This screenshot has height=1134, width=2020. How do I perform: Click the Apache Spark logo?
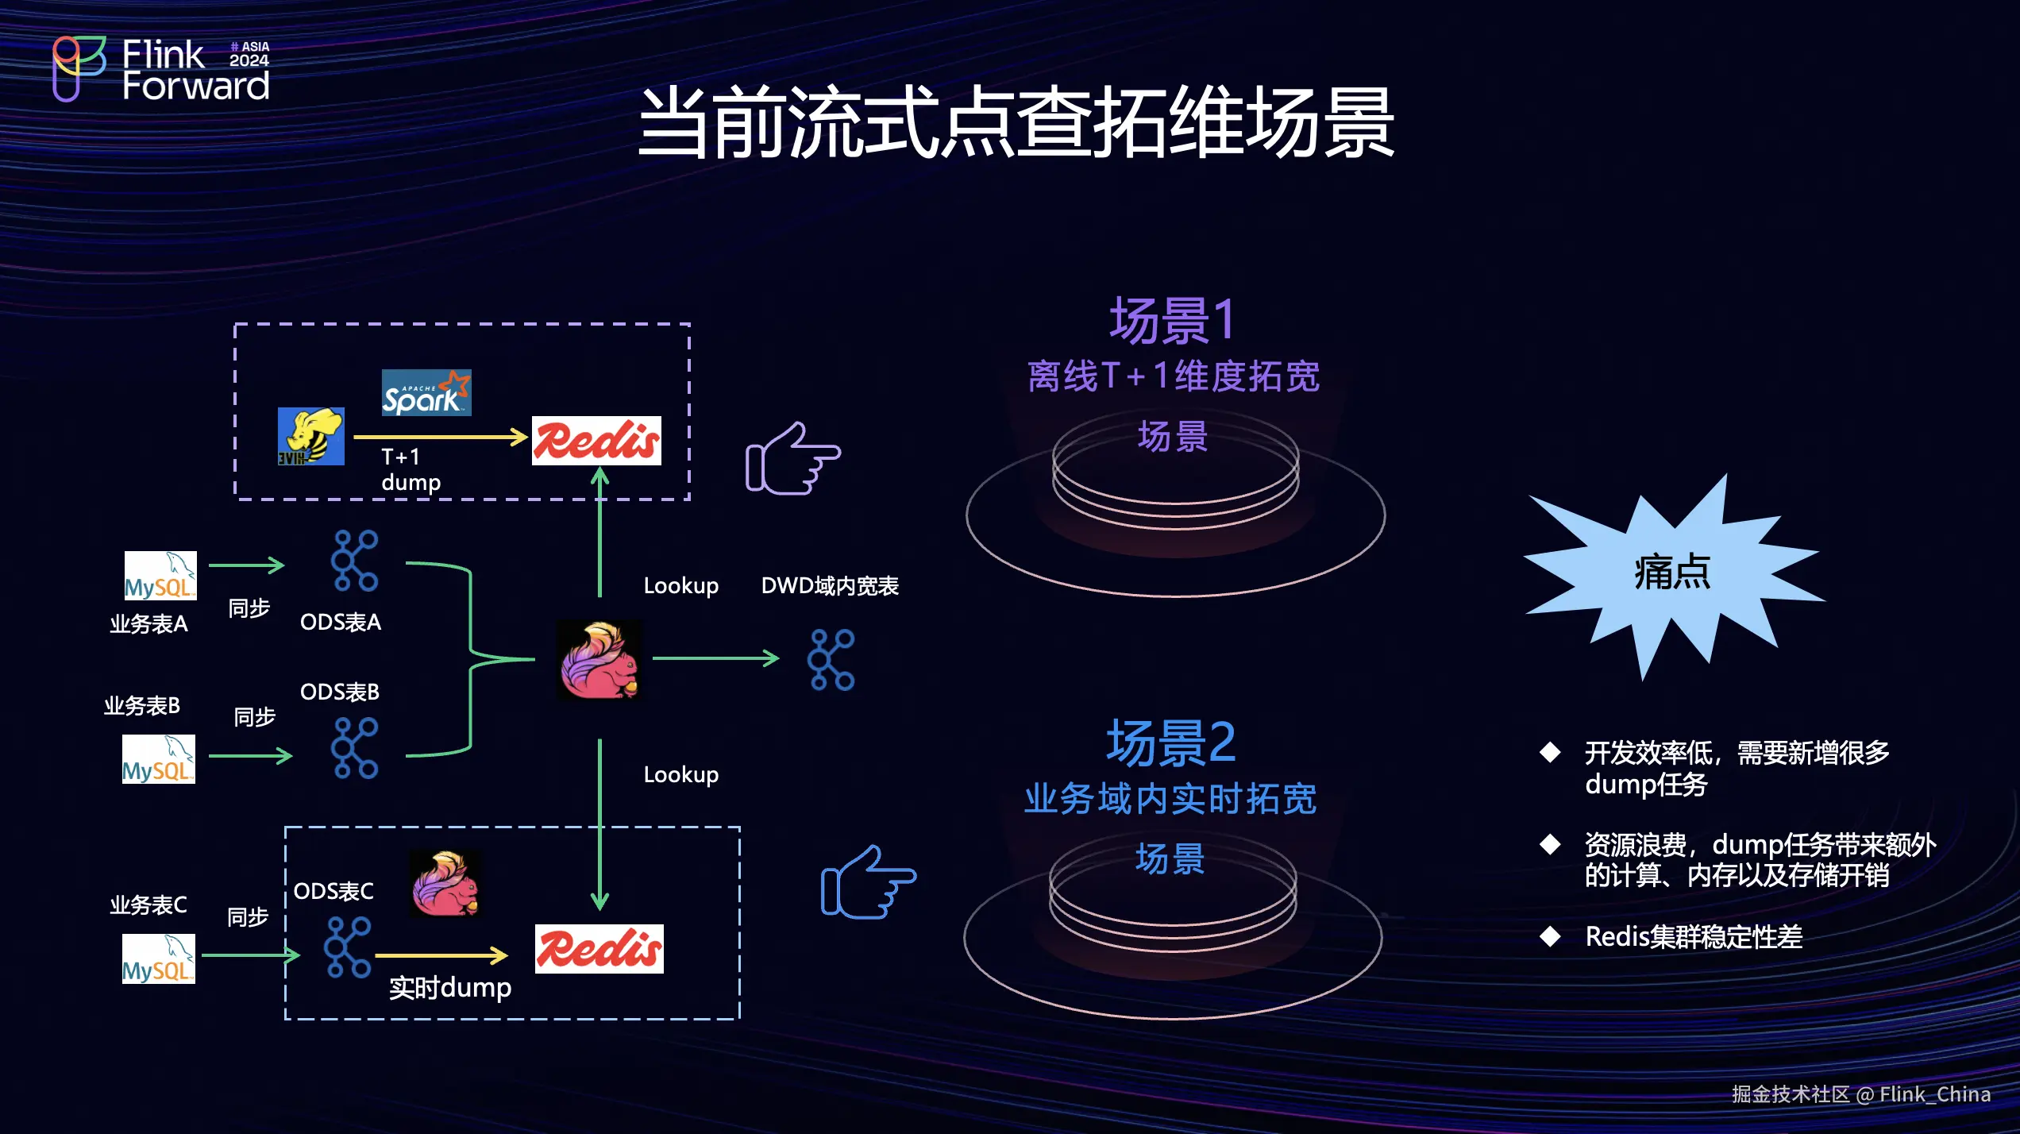coord(426,393)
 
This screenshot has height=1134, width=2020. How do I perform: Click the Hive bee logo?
coord(310,437)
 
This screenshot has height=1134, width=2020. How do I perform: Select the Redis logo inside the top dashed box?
coord(596,441)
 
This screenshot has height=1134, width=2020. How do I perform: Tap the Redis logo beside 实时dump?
coord(599,949)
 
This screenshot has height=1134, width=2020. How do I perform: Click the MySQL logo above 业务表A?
coord(160,576)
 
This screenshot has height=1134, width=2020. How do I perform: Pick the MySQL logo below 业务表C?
coord(158,959)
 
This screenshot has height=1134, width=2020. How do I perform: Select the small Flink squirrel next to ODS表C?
coord(445,884)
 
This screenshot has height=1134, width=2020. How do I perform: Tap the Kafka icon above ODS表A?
coord(355,561)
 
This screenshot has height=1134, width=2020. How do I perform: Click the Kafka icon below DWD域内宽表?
coord(831,660)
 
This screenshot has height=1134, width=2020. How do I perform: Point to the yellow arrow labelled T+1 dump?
coord(441,437)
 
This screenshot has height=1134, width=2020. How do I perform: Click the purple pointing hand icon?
coord(792,458)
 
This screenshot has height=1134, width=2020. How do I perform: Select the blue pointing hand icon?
coord(868,882)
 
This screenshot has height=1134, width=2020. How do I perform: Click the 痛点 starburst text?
coord(1672,572)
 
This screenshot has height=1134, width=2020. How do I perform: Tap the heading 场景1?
coord(1172,321)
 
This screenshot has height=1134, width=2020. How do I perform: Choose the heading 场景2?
coord(1171,743)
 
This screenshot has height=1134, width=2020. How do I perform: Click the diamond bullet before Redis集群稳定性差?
coord(1550,937)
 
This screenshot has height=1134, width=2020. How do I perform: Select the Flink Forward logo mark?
coord(78,68)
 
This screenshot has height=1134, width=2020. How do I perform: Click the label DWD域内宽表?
coord(830,586)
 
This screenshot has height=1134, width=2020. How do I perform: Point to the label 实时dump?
coord(450,988)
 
